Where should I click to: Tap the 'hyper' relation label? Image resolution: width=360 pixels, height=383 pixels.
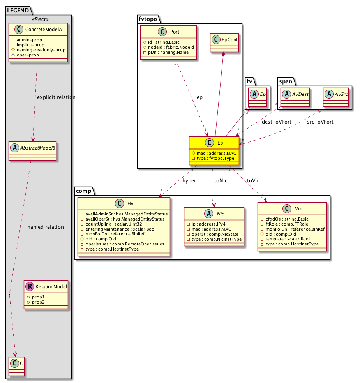click(189, 181)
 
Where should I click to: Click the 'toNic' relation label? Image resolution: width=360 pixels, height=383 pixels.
click(221, 181)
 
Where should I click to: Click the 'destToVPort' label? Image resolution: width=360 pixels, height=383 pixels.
click(276, 122)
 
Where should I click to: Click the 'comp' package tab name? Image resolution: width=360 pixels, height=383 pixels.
click(83, 191)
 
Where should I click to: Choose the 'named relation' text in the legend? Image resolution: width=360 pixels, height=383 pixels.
click(46, 227)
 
